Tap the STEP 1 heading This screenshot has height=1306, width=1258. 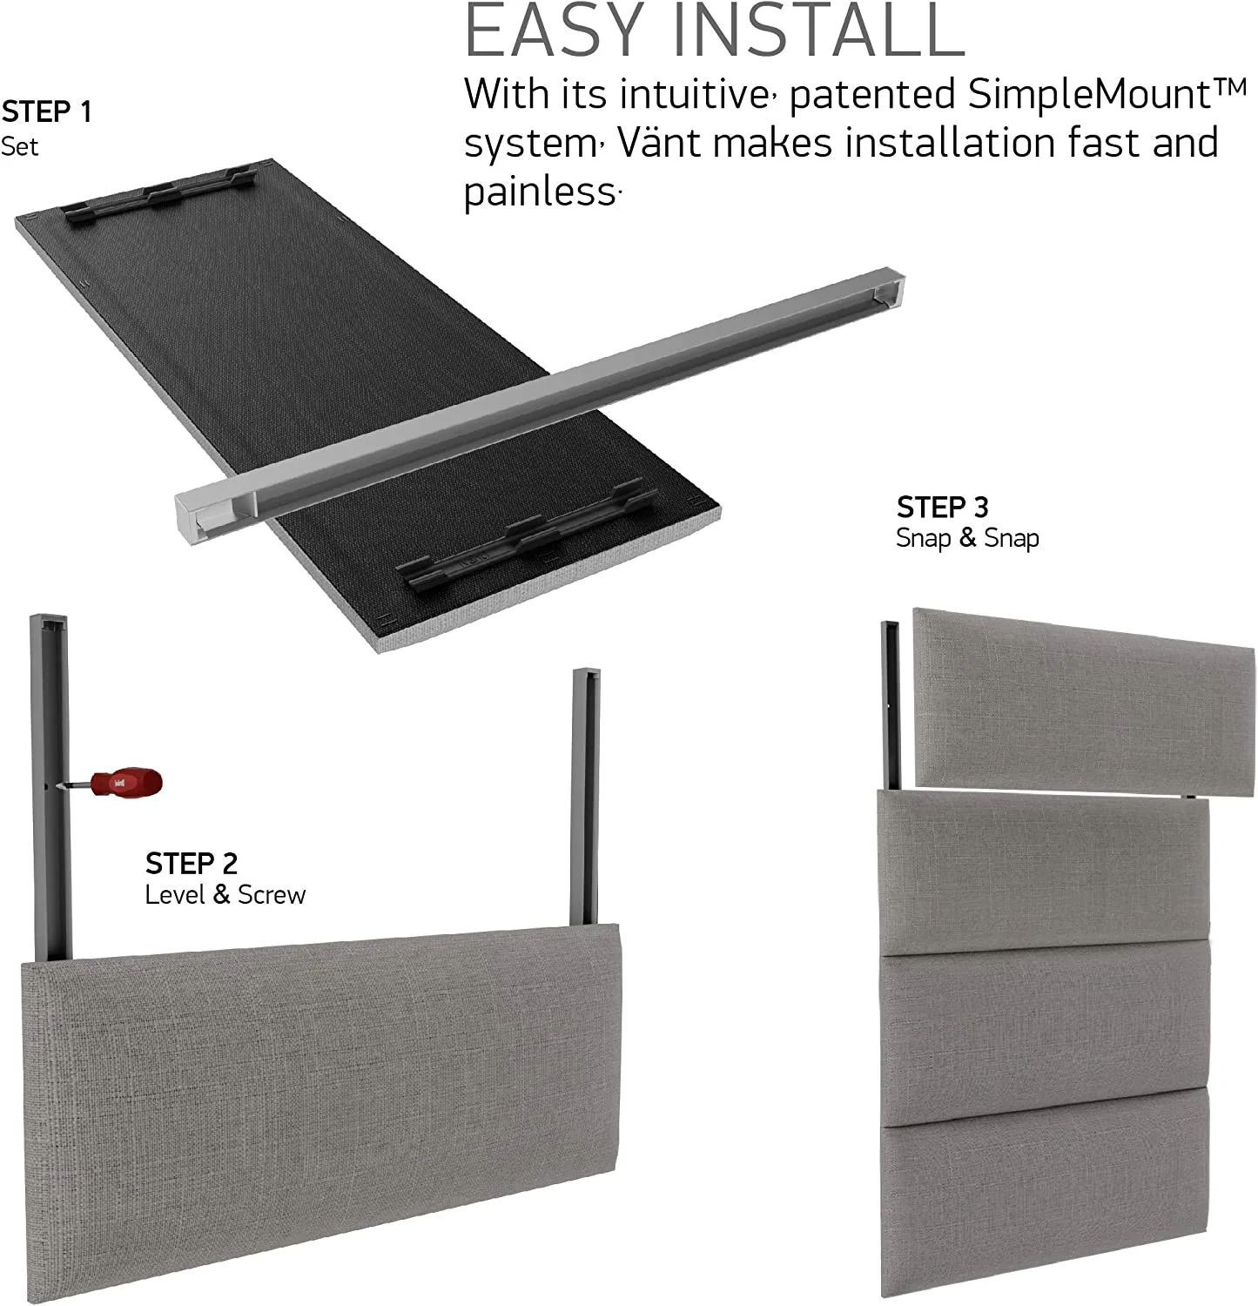tap(46, 112)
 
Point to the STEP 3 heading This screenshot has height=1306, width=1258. tap(942, 507)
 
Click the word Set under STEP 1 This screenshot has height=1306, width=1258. tap(19, 146)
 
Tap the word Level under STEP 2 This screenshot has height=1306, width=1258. tap(175, 895)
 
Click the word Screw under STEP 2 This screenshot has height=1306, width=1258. tap(272, 895)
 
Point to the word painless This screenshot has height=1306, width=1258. tap(539, 192)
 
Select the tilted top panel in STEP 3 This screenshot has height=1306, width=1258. tap(1084, 701)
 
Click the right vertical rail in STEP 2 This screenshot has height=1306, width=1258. tap(585, 797)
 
